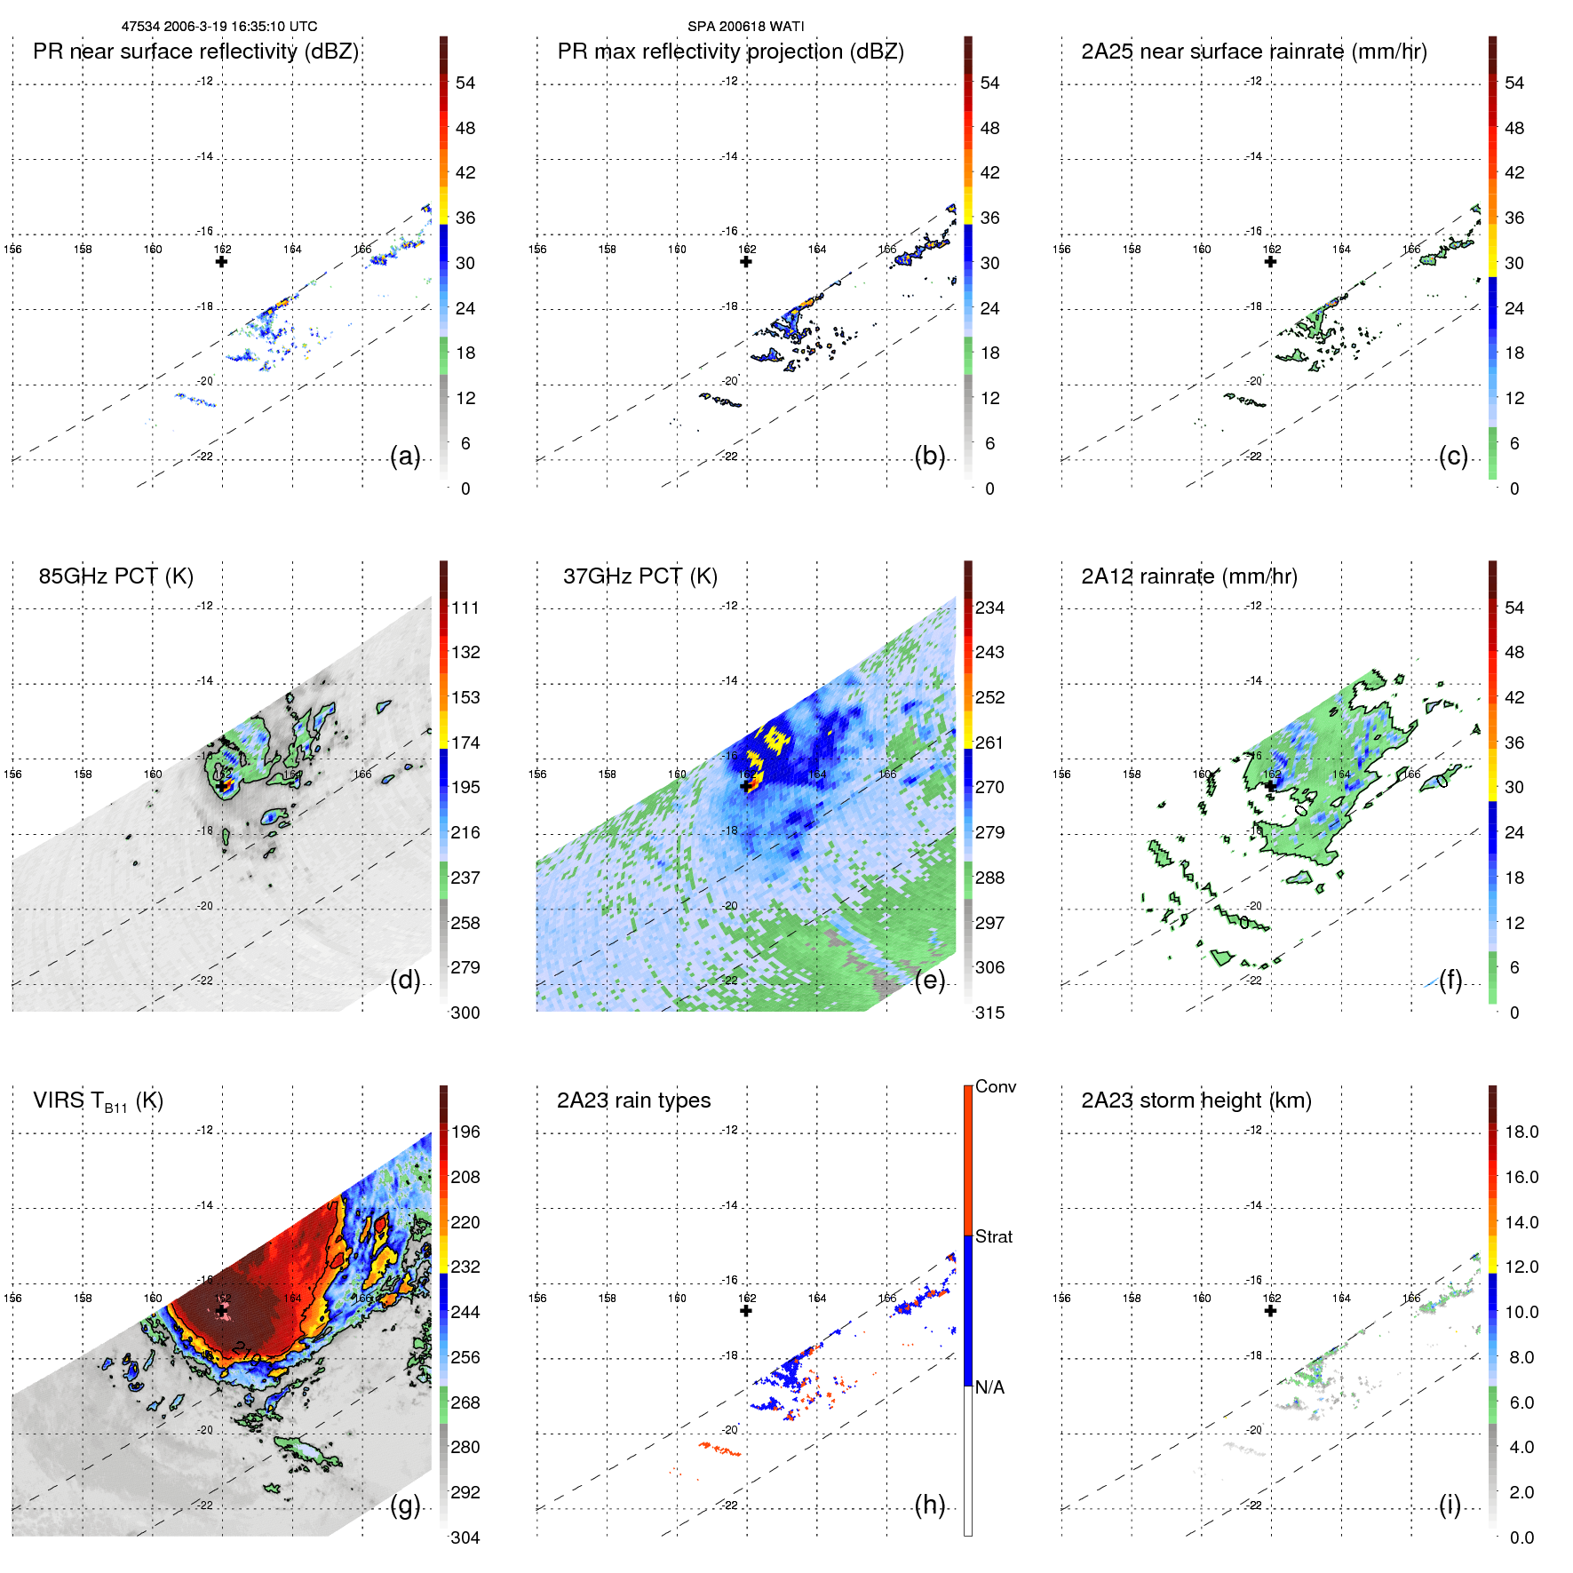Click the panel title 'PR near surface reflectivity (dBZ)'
195,52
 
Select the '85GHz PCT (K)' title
115,576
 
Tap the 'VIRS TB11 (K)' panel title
98,1101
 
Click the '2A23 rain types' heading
633,1100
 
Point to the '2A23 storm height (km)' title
1196,1100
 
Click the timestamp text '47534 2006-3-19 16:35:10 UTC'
219,27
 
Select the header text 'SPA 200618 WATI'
745,27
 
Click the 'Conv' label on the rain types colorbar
995,1086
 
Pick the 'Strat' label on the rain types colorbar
993,1236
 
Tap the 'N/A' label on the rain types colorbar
989,1387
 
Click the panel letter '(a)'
405,456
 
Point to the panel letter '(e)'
929,980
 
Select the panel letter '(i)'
1450,1505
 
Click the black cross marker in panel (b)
746,261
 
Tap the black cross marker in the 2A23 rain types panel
746,1310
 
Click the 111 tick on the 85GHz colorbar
465,608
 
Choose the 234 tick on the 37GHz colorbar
989,608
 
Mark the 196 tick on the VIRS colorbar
465,1132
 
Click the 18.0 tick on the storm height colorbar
1521,1132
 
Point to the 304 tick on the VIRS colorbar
465,1537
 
